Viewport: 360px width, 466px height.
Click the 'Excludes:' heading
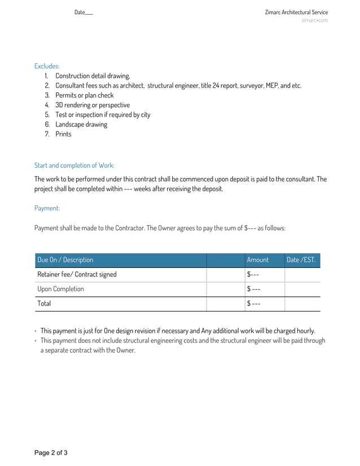(x=47, y=66)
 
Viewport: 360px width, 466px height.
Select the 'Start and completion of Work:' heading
(x=74, y=165)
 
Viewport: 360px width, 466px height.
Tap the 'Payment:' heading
(x=47, y=208)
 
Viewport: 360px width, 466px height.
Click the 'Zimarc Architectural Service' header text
(x=296, y=12)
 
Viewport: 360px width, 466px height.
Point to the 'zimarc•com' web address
(x=314, y=21)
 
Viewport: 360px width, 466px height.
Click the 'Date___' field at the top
(x=84, y=12)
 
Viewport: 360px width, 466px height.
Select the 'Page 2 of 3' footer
(x=51, y=452)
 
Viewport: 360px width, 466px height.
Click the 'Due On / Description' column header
(x=65, y=260)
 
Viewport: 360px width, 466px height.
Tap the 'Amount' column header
(x=257, y=260)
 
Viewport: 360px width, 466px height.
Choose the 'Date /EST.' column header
(x=301, y=260)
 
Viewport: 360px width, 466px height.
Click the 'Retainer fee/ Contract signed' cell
(x=77, y=275)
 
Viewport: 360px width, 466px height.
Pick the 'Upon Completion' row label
(x=60, y=289)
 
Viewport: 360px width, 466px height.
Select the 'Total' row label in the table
(x=44, y=304)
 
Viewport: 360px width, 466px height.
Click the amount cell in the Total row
(x=253, y=304)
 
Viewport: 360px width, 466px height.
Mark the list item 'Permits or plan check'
(x=84, y=95)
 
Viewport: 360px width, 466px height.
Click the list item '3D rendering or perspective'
(x=92, y=105)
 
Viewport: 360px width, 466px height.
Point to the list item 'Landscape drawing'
(x=81, y=125)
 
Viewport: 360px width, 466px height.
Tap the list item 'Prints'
(x=63, y=134)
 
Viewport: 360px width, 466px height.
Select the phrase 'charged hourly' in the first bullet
(x=295, y=331)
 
